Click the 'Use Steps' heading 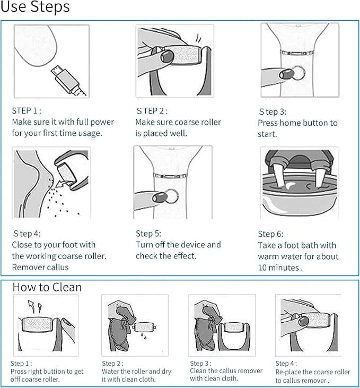(34, 8)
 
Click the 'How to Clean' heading (47, 287)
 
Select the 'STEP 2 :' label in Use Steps (152, 111)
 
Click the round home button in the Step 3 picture (298, 73)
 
